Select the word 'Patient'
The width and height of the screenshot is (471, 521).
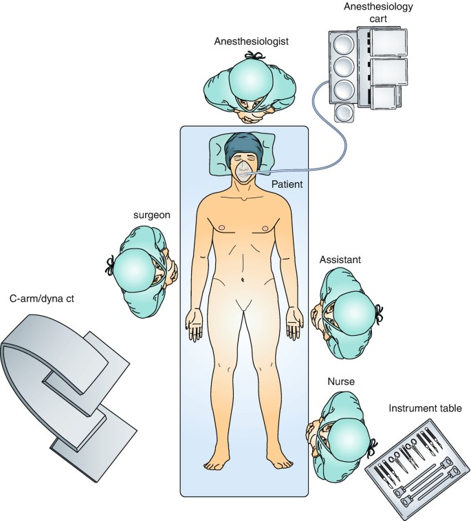pyautogui.click(x=287, y=184)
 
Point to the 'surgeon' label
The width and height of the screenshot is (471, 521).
pyautogui.click(x=151, y=215)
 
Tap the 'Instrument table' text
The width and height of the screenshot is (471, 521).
pyautogui.click(x=424, y=409)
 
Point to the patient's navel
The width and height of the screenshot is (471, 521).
pyautogui.click(x=244, y=280)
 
